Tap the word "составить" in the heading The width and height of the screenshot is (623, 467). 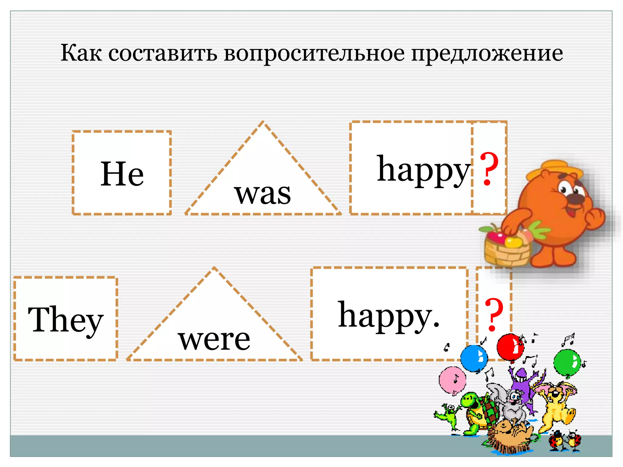click(x=163, y=54)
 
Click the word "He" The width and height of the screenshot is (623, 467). click(x=122, y=174)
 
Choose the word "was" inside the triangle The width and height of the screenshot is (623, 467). click(x=262, y=194)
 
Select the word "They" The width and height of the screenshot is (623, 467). click(x=65, y=320)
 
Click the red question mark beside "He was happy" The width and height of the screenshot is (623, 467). click(x=489, y=169)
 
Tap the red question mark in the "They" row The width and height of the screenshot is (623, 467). click(x=494, y=315)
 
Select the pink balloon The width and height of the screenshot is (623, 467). click(x=452, y=380)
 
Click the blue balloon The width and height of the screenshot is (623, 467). click(x=474, y=358)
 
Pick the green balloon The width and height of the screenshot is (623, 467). click(x=567, y=363)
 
